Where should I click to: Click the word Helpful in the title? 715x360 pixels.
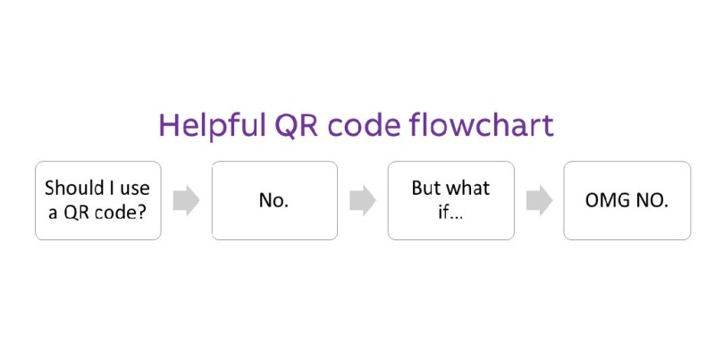click(206, 125)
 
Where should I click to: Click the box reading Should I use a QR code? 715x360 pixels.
click(98, 200)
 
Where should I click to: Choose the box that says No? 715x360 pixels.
click(274, 200)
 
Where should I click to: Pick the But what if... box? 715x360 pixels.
click(450, 200)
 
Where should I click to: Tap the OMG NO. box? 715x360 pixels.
click(627, 200)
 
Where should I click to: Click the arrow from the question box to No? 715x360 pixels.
click(186, 200)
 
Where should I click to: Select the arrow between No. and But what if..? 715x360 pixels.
click(362, 200)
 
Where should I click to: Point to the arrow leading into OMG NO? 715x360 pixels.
click(538, 200)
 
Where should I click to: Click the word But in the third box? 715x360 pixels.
click(426, 188)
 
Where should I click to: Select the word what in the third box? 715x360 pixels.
click(468, 188)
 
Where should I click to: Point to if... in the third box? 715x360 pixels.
click(450, 212)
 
